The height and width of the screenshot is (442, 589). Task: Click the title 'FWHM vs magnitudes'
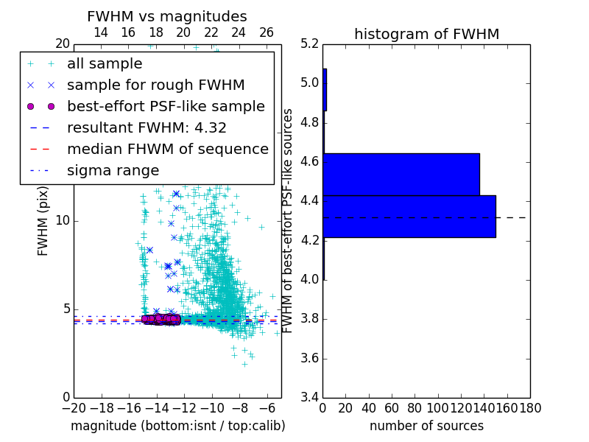coord(167,17)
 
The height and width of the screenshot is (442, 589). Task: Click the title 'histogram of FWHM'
coord(426,34)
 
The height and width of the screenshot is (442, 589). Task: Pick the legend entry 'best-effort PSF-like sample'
coord(166,107)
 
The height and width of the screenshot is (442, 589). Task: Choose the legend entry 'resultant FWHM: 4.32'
coord(147,128)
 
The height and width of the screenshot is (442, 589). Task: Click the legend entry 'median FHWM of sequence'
coord(167,150)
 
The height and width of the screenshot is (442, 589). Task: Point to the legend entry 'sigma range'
coord(113,171)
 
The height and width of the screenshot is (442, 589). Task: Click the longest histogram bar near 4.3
coord(409,216)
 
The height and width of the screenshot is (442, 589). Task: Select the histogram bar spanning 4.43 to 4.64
coord(401,175)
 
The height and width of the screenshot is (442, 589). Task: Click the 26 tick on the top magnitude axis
coord(267,32)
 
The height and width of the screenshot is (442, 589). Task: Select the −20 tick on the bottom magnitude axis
coord(74,407)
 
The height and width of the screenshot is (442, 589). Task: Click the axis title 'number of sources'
coord(426,426)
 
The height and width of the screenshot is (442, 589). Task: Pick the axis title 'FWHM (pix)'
coord(43,220)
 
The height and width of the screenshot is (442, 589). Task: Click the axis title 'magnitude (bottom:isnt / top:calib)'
coord(177,426)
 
